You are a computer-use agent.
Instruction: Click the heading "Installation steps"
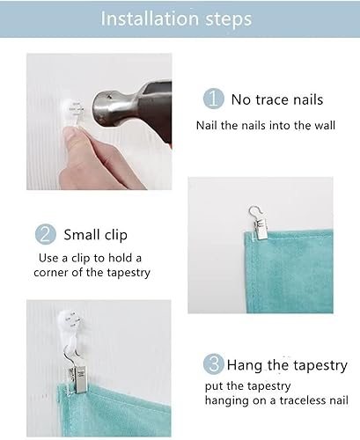point(176,18)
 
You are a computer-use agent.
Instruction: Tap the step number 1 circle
point(214,99)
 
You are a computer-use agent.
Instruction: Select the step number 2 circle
point(46,234)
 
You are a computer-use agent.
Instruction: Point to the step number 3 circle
point(214,363)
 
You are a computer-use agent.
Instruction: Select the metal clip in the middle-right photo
point(261,229)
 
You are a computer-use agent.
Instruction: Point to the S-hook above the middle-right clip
point(254,212)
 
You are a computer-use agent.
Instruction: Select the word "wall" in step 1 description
point(325,125)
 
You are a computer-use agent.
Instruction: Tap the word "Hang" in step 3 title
point(244,366)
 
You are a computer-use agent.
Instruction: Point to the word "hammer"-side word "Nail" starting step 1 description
point(207,125)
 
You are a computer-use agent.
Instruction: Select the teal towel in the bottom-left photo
point(114,411)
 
